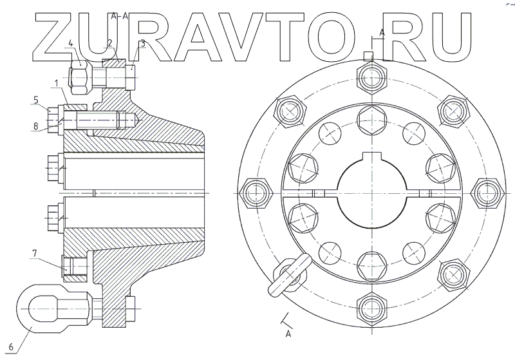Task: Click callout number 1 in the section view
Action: tap(57, 83)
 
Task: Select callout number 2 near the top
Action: tap(110, 43)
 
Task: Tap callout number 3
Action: tap(143, 44)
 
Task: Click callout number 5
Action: tap(37, 100)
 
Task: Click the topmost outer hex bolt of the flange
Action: tap(373, 78)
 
